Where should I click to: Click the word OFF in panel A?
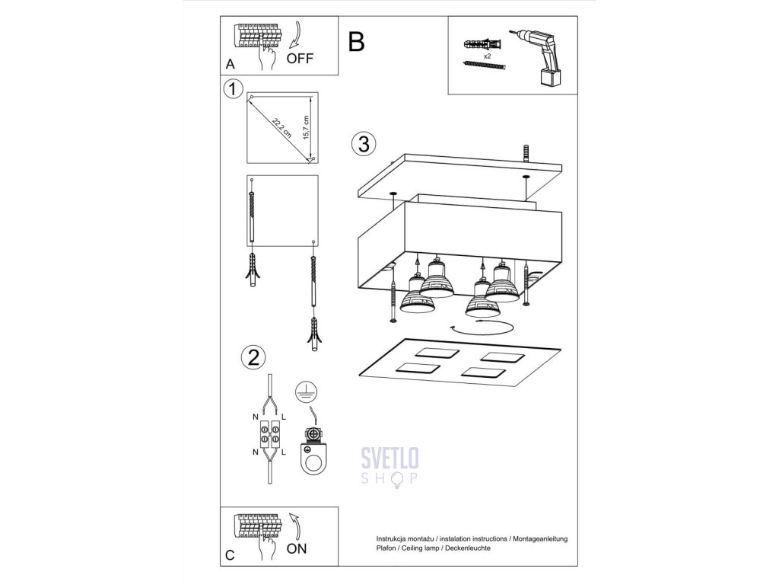[x=300, y=58]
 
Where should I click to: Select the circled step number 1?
[x=234, y=89]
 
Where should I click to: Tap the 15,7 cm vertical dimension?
[x=307, y=128]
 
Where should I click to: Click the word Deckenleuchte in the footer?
[x=464, y=548]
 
